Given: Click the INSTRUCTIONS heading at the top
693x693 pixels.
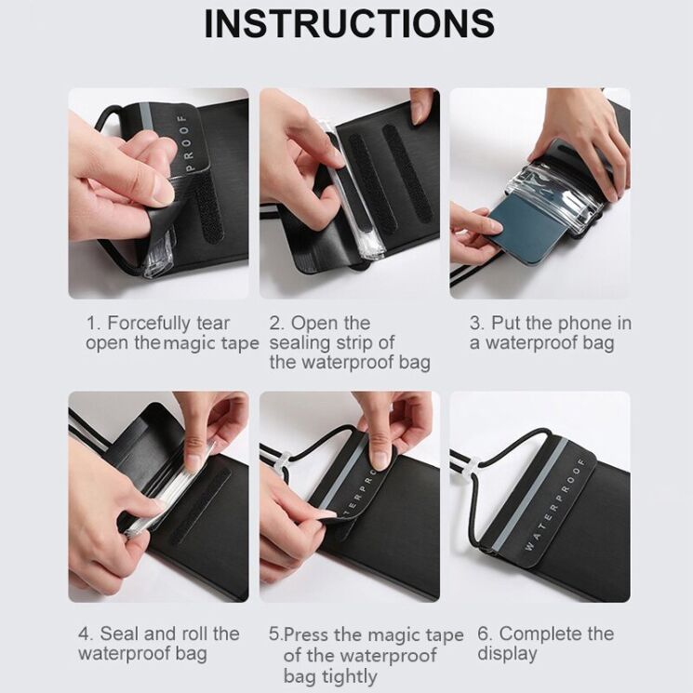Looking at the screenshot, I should (349, 24).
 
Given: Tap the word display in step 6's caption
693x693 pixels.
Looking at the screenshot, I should (507, 654).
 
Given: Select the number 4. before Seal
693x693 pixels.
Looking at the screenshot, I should (86, 633).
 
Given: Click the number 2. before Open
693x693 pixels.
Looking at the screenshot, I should (277, 324).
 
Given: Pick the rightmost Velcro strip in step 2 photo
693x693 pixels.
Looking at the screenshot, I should (406, 172).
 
